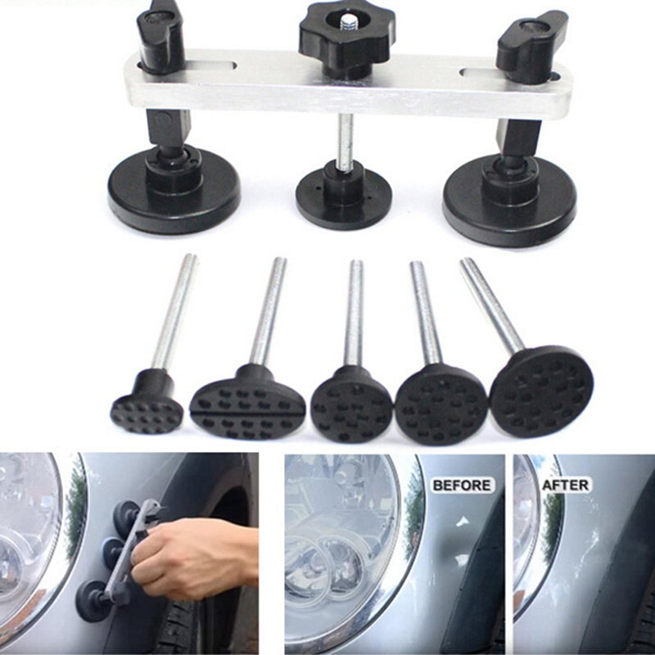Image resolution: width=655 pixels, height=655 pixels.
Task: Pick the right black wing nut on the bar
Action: pos(531,45)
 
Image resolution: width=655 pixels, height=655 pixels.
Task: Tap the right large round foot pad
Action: pos(509,201)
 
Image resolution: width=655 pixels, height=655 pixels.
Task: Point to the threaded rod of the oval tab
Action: pos(268,311)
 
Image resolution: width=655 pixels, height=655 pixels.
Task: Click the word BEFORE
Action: pos(462,486)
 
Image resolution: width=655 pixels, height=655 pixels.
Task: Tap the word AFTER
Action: pos(565,485)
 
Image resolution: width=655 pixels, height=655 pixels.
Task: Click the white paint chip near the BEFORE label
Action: pos(462,521)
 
